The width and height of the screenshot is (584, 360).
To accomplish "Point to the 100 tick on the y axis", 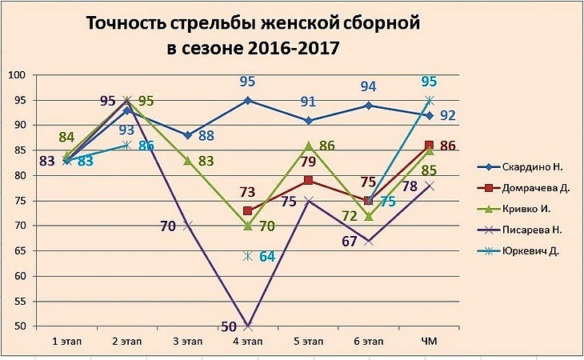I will click(x=18, y=75).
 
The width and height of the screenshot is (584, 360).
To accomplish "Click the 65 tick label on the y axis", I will click(x=18, y=251).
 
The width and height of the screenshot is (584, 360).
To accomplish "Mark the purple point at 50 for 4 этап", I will click(x=248, y=326).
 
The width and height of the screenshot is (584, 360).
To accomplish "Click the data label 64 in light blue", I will click(x=266, y=257).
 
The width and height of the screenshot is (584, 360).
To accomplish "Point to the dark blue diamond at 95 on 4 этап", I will click(x=248, y=100).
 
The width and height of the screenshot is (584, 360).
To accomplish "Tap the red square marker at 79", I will click(x=308, y=181).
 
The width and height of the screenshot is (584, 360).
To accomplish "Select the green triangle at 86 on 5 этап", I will click(x=308, y=146).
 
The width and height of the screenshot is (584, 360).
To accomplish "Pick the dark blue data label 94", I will click(x=368, y=86).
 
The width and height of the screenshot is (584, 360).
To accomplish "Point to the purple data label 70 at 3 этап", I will click(x=168, y=226).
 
